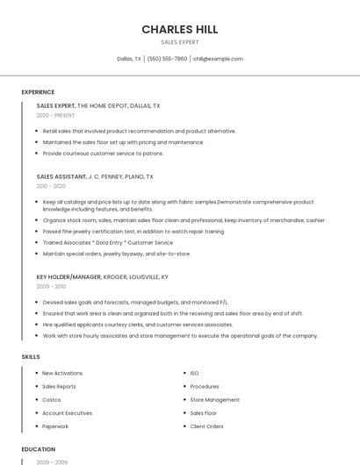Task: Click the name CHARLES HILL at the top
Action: pos(179,29)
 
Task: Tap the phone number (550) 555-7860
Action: pos(167,59)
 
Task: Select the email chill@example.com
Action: pos(218,59)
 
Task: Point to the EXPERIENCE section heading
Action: pos(38,92)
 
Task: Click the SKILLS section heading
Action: pos(31,357)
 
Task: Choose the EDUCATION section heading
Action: pos(39,449)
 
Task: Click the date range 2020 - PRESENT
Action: pos(55,115)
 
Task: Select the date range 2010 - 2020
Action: pos(51,186)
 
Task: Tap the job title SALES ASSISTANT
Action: pos(61,176)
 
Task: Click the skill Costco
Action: pos(52,399)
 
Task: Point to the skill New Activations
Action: pos(62,373)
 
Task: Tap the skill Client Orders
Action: pos(206,426)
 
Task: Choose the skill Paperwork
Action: pos(55,426)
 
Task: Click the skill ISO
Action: pos(194,373)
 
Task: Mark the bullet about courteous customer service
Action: pos(103,153)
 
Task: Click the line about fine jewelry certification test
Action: pos(133,232)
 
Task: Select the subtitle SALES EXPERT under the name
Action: pos(179,42)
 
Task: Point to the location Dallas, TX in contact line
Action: pos(129,59)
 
